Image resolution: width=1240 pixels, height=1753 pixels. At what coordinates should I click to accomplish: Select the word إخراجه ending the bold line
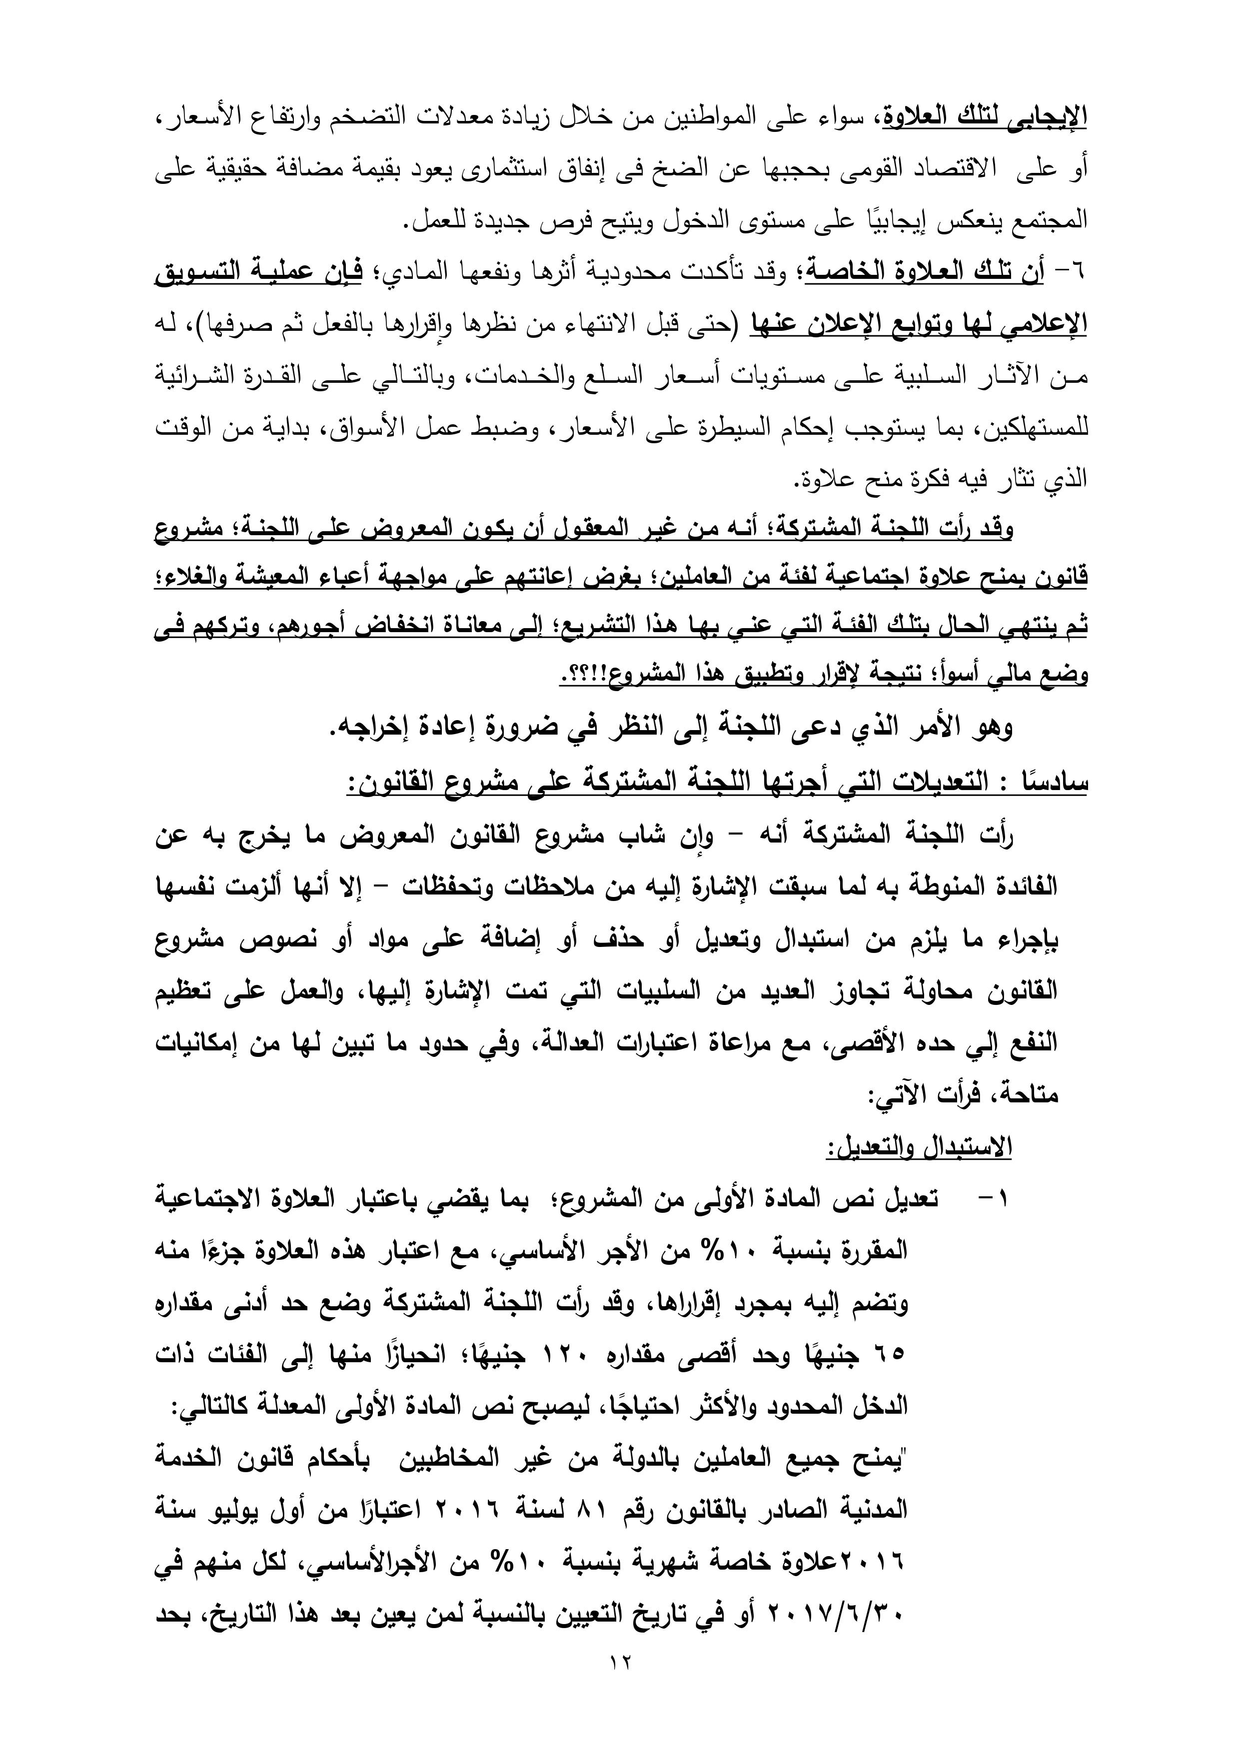point(369,729)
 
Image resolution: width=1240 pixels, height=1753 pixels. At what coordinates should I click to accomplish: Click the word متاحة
point(1027,1095)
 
